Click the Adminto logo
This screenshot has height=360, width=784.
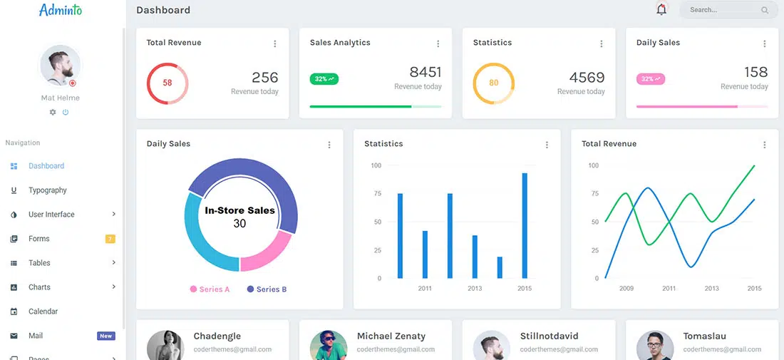(x=61, y=10)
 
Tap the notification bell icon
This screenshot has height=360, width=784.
(x=661, y=9)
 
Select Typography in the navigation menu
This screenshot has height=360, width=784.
(x=48, y=190)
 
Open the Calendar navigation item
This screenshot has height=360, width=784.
(x=43, y=312)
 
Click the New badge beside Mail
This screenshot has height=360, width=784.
(x=105, y=336)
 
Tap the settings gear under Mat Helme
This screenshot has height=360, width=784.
(x=53, y=113)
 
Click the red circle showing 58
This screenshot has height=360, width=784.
(x=167, y=83)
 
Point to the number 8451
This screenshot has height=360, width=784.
(x=425, y=72)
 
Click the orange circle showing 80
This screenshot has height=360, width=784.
(x=493, y=83)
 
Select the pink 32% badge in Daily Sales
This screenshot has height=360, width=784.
(x=650, y=79)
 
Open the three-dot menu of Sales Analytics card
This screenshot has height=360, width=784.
(x=438, y=43)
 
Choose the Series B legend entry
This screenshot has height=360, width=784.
(x=267, y=289)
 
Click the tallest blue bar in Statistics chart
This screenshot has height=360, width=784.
(x=525, y=225)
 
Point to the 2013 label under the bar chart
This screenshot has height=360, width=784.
(x=475, y=289)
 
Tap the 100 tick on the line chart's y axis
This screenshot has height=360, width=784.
(x=593, y=165)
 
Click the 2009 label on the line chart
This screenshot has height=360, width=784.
(x=626, y=289)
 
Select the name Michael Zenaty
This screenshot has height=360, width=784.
(x=391, y=336)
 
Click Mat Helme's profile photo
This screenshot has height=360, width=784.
(x=61, y=66)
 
